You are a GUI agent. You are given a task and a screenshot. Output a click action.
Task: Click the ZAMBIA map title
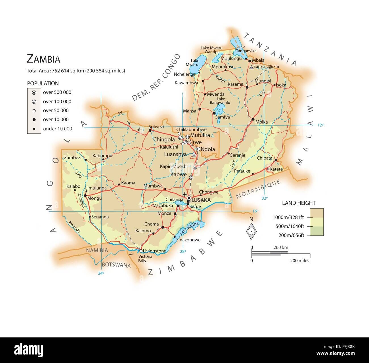pyautogui.click(x=43, y=59)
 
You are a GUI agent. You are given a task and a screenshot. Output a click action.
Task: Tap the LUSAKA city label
pyautogui.click(x=201, y=200)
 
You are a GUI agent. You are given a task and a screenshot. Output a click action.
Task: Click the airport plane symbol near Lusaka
pyautogui.click(x=185, y=195)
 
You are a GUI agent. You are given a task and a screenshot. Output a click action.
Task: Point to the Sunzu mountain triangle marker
pyautogui.click(x=251, y=67)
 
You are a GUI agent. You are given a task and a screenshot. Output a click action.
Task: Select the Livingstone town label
pyautogui.click(x=154, y=251)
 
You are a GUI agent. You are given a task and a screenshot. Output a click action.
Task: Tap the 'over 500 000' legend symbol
pyautogui.click(x=34, y=92)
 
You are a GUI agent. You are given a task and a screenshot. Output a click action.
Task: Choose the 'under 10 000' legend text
pyautogui.click(x=57, y=129)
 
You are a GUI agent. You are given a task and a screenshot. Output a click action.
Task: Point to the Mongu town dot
pyautogui.click(x=85, y=195)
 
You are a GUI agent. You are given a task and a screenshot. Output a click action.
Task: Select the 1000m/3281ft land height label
pyautogui.click(x=288, y=217)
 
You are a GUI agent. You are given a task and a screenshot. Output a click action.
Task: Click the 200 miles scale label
pyautogui.click(x=299, y=260)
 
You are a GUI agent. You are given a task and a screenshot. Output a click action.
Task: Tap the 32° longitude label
pyautogui.click(x=265, y=198)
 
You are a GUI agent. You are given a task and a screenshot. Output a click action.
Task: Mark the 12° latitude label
pyautogui.click(x=320, y=125)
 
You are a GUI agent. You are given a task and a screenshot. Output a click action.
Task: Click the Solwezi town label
pyautogui.click(x=156, y=127)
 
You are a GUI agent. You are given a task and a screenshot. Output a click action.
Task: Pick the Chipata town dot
pyautogui.click(x=276, y=160)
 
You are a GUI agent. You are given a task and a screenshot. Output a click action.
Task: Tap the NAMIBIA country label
pyautogui.click(x=97, y=250)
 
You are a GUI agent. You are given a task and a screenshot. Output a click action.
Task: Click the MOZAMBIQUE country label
pyautogui.click(x=258, y=189)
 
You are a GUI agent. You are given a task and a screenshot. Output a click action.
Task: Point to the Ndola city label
pyautogui.click(x=207, y=149)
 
